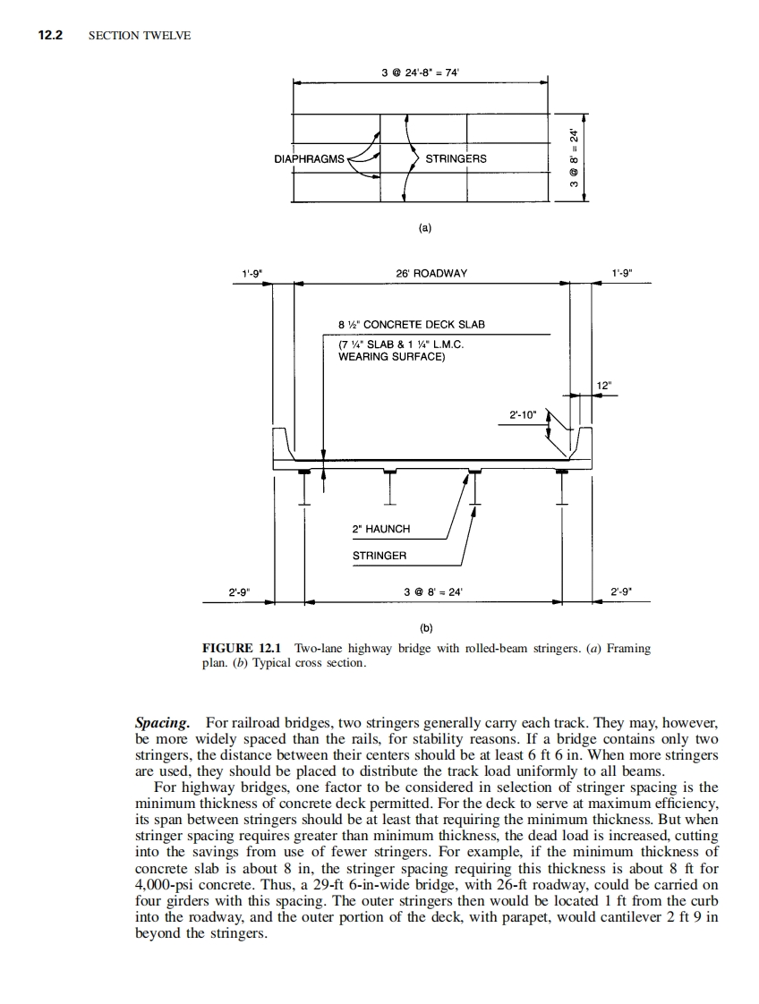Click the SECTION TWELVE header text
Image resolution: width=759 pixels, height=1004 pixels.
(140, 36)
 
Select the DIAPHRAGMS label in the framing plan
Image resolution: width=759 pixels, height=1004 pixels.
(309, 159)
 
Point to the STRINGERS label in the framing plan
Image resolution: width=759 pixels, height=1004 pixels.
(456, 159)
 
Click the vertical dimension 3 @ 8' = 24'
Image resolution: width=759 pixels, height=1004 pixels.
(575, 157)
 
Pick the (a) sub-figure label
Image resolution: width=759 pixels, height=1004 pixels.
(425, 228)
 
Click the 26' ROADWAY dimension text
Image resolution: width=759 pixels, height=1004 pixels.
(431, 273)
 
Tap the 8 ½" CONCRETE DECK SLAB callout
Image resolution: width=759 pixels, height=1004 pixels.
(411, 325)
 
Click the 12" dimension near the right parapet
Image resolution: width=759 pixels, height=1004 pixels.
(603, 386)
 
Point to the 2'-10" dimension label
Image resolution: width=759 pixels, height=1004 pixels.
(524, 414)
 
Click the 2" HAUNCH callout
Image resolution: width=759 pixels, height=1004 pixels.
(381, 529)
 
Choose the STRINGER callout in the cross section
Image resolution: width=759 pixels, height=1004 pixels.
(379, 556)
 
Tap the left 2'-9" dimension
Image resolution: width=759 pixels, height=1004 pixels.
(240, 591)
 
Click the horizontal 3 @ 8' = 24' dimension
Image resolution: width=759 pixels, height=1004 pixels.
(433, 591)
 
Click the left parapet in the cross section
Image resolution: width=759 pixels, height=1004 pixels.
(283, 443)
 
